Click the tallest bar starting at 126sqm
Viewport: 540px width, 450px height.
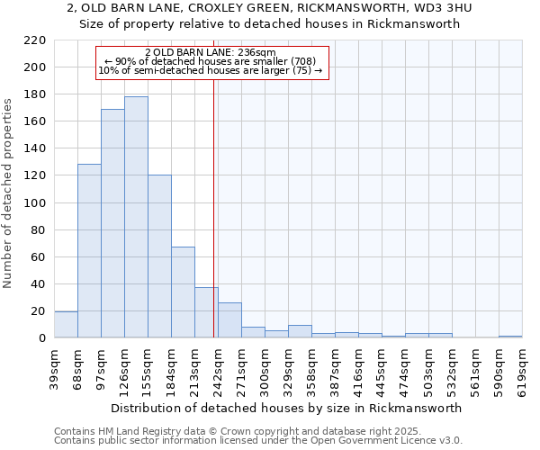pos(136,217)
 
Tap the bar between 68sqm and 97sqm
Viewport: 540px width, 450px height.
pos(89,251)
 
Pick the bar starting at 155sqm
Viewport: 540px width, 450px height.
pos(159,256)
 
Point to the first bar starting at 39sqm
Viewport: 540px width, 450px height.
pos(66,325)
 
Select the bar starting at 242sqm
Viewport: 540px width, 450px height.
pos(229,320)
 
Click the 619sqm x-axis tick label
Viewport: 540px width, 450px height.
pos(522,366)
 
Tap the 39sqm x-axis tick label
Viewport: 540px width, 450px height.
pos(54,366)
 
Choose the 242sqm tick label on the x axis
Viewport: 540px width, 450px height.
pos(218,366)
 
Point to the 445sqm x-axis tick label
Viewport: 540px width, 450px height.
pos(382,366)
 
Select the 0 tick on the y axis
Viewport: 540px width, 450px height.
pos(42,338)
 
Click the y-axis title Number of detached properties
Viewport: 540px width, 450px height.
pos(8,193)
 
